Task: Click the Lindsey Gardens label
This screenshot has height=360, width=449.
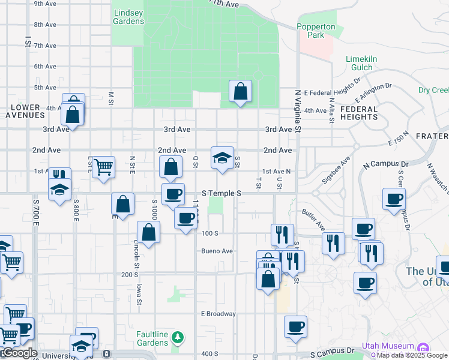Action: click(128, 16)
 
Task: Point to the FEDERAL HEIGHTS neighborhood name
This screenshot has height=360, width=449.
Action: click(359, 113)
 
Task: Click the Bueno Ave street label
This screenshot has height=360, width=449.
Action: click(217, 251)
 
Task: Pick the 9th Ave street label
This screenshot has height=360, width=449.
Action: click(45, 4)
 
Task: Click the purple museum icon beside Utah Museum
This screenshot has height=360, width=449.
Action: click(423, 347)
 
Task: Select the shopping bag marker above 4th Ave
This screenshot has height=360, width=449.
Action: click(240, 92)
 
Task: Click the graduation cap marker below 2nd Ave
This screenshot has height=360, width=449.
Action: click(222, 158)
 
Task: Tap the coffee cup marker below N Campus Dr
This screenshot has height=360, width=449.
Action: click(394, 199)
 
